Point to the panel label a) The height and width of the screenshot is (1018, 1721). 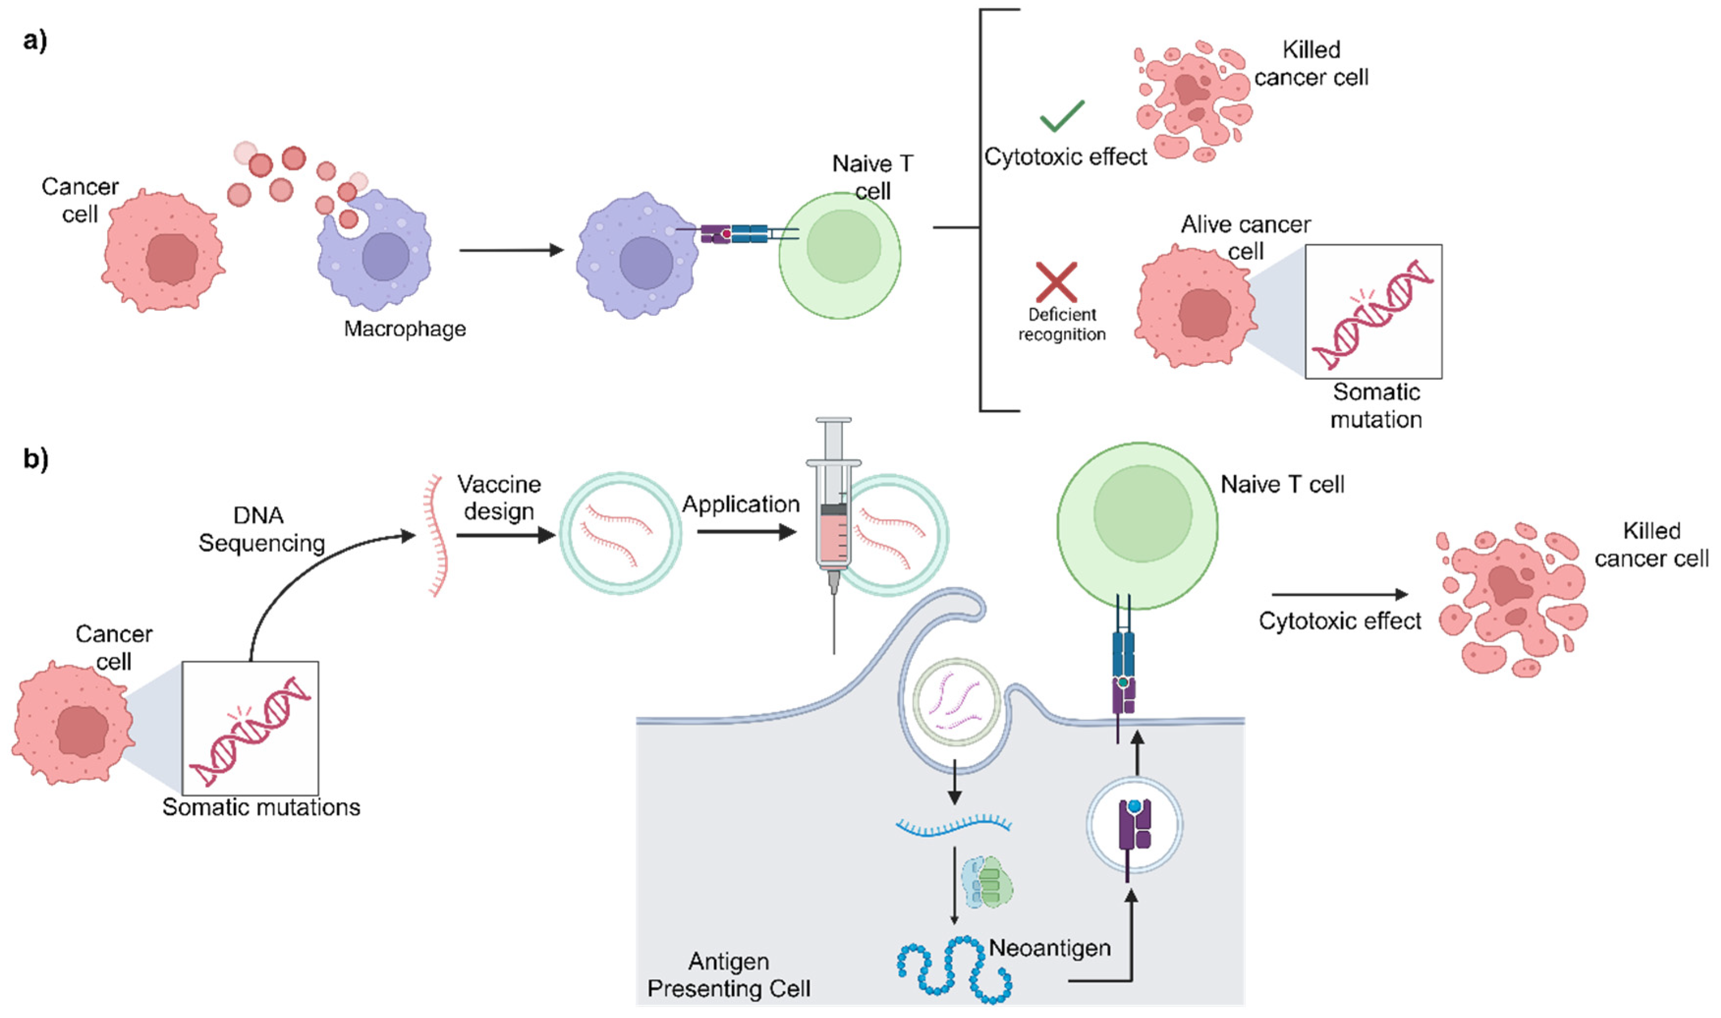[35, 41]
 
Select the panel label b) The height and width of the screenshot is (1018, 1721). [36, 458]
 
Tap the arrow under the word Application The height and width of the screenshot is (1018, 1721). [746, 532]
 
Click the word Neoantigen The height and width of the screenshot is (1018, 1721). [1050, 948]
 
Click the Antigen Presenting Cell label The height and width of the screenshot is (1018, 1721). [728, 975]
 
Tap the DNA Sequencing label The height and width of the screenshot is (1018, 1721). [261, 529]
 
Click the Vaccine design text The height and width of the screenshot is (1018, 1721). [499, 497]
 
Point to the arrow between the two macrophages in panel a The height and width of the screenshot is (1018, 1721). [510, 250]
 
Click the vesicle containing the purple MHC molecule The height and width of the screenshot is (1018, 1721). [1134, 825]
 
